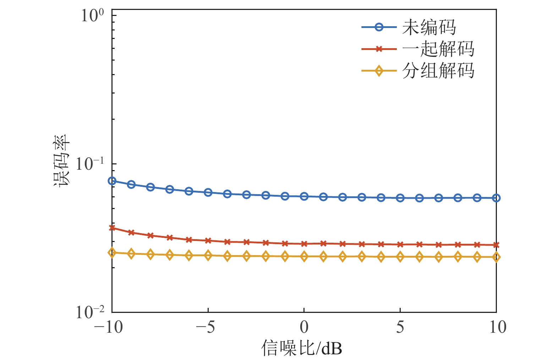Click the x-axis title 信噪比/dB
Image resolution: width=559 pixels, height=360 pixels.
point(302,348)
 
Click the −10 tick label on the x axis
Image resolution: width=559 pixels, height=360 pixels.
point(109,327)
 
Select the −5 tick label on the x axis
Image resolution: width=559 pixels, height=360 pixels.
point(206,327)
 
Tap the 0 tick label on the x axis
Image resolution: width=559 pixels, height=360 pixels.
point(304,327)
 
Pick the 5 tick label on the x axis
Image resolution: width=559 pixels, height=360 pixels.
point(400,327)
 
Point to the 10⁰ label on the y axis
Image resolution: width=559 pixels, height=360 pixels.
point(92,16)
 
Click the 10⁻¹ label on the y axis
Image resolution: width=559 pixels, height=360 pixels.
point(90,164)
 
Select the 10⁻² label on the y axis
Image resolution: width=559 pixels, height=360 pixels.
point(90,312)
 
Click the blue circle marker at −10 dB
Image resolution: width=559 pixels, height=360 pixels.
point(112,181)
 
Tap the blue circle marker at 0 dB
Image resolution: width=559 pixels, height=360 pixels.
point(304,196)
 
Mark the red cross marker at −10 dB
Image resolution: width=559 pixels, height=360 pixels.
point(112,228)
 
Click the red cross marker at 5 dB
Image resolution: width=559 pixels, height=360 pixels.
point(400,244)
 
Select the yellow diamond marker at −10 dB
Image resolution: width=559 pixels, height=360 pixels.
point(112,253)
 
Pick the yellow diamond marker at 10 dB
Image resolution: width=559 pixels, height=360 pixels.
point(496,257)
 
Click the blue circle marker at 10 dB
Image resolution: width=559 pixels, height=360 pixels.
point(496,198)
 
